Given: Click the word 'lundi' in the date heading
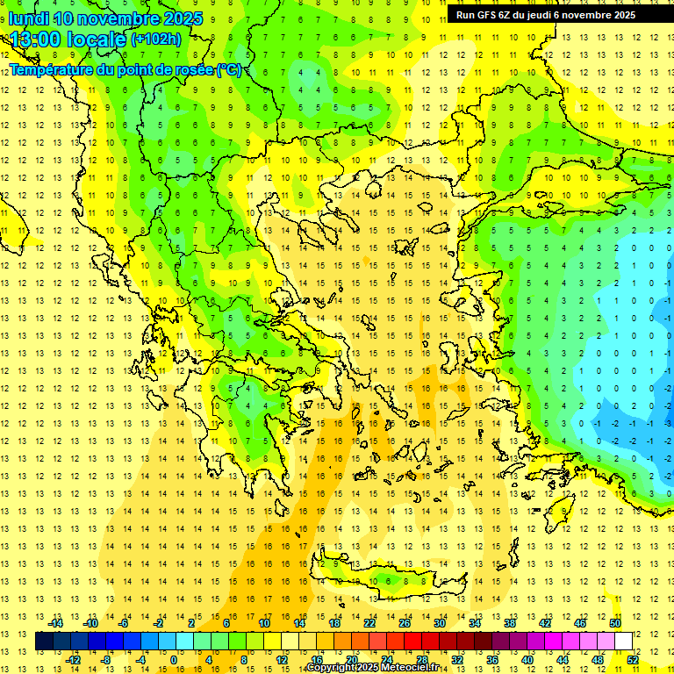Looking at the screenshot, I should click(29, 18).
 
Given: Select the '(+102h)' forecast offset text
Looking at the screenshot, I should click(156, 39).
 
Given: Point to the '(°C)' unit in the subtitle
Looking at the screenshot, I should click(230, 69).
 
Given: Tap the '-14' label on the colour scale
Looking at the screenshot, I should click(57, 623).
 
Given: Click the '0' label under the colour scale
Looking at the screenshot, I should click(174, 660).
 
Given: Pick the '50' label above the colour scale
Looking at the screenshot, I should click(614, 623).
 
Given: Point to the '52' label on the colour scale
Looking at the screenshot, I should click(632, 660).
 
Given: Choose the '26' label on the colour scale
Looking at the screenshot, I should click(404, 623).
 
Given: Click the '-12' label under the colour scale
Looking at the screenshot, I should click(74, 660).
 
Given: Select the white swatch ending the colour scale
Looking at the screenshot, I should click(623, 642).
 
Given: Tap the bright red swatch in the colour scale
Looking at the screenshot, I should click(412, 642).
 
